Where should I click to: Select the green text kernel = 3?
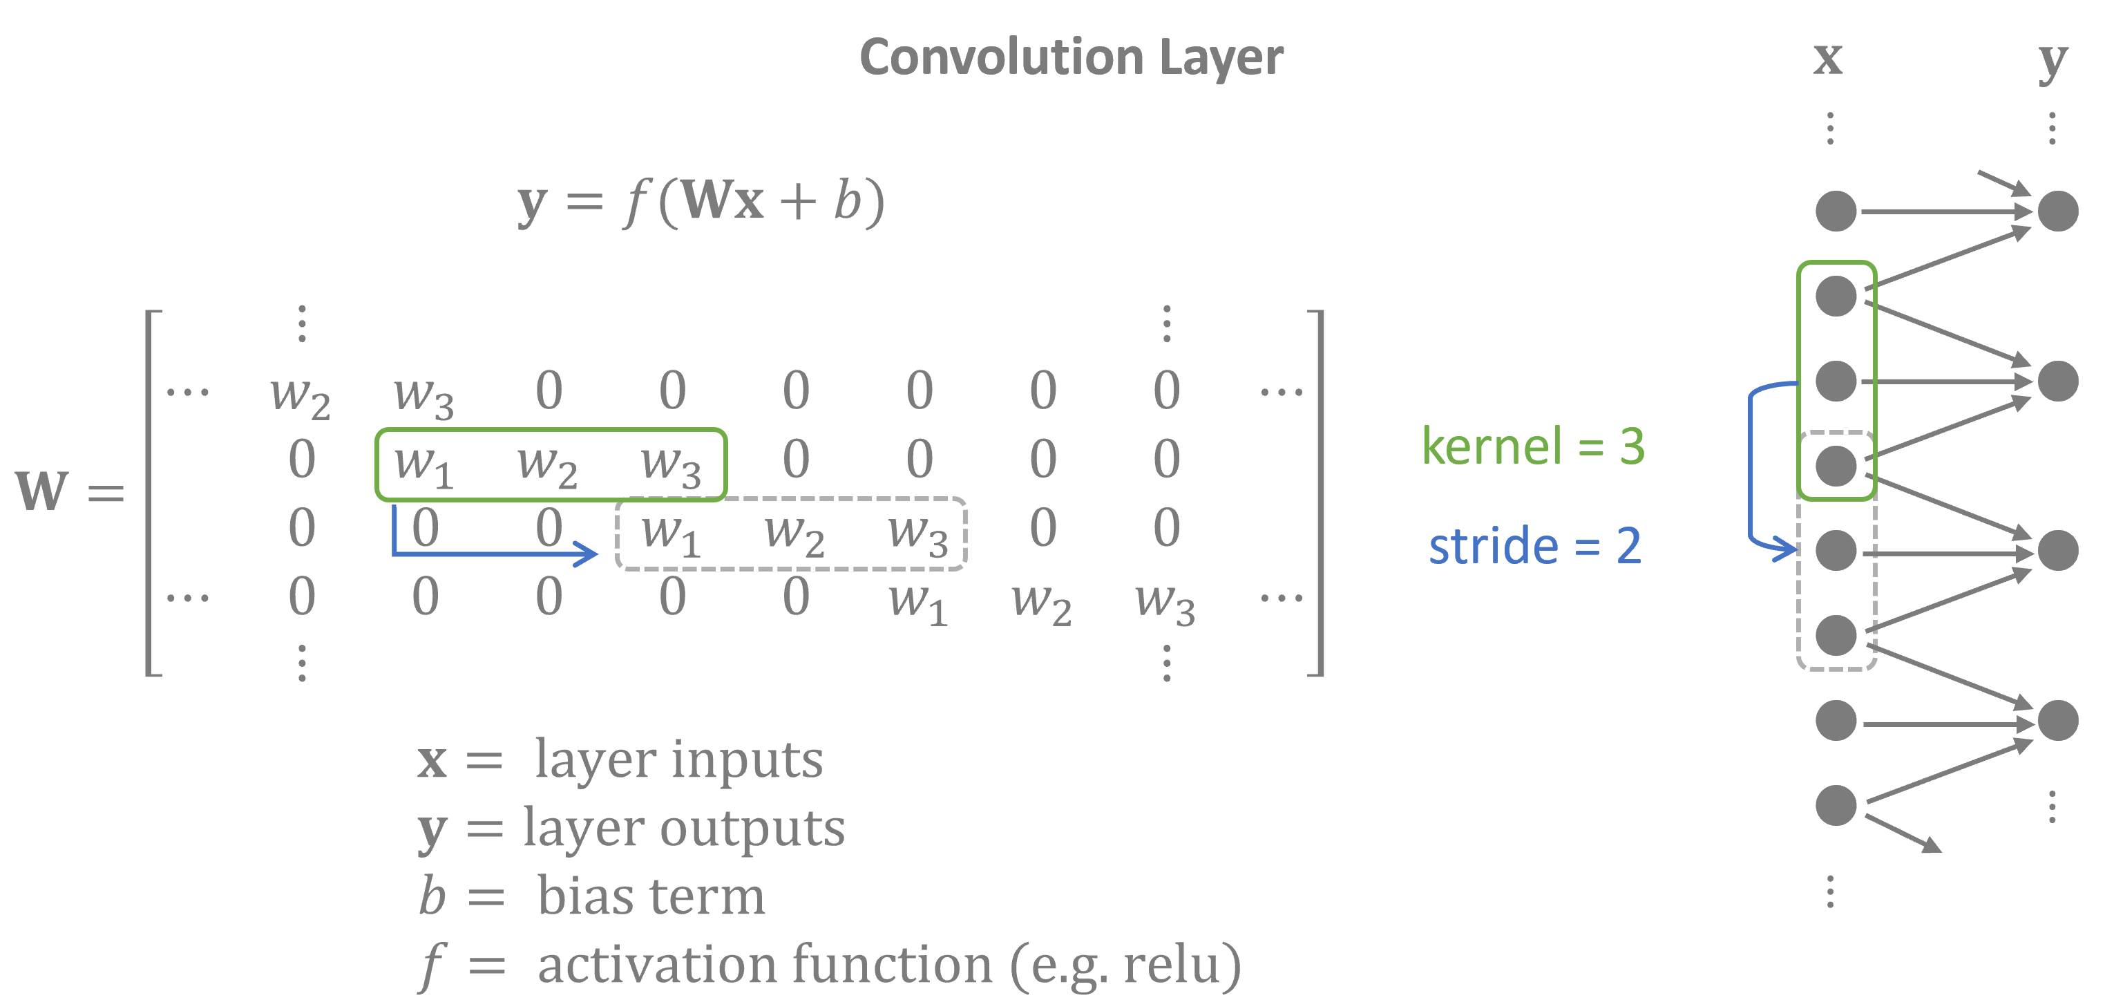click(1533, 446)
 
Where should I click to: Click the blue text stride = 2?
click(1534, 546)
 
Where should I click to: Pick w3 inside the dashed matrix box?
click(918, 534)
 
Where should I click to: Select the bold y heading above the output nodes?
click(2053, 59)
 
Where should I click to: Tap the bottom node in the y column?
click(2057, 720)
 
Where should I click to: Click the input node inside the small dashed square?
click(1836, 466)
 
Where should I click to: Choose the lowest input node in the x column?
click(1836, 804)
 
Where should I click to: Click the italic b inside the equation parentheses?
click(848, 201)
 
